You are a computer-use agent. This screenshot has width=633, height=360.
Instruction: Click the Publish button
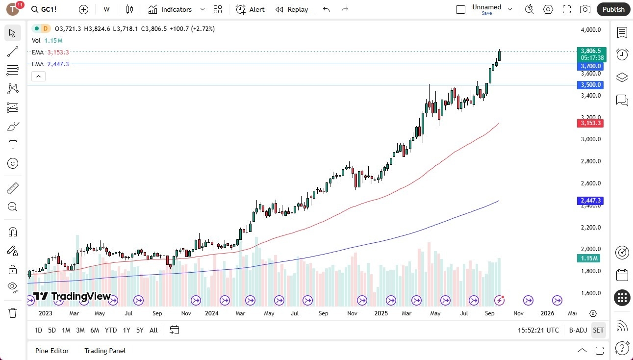click(613, 9)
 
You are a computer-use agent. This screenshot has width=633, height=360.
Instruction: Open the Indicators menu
click(170, 9)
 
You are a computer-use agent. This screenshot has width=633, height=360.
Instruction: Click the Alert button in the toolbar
click(250, 9)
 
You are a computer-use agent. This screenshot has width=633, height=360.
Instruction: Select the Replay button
click(292, 9)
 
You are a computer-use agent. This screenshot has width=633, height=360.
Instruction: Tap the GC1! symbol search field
click(49, 9)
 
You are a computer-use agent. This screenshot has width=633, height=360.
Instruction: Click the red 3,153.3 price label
click(591, 123)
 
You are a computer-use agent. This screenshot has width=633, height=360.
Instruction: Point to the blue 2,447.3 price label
click(591, 201)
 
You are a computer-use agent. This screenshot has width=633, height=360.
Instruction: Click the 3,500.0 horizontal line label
click(591, 85)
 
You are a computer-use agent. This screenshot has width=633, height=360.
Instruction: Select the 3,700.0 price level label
click(591, 66)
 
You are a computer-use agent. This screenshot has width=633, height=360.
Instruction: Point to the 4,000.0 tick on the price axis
click(591, 30)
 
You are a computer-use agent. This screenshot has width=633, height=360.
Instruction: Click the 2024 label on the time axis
click(212, 313)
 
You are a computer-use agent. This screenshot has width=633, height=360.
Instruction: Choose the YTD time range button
click(111, 330)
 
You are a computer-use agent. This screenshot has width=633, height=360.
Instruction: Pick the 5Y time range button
click(140, 330)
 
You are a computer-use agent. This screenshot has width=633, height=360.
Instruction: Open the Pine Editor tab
click(52, 351)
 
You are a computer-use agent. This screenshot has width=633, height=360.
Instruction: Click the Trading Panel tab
click(105, 351)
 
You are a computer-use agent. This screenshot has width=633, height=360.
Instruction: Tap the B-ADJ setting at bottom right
click(578, 330)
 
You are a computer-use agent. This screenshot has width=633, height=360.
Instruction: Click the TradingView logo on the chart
click(72, 296)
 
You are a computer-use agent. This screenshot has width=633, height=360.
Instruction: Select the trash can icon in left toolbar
click(13, 312)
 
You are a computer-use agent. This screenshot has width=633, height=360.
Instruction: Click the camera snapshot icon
click(585, 9)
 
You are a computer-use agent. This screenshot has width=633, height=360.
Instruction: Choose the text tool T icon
click(13, 145)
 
